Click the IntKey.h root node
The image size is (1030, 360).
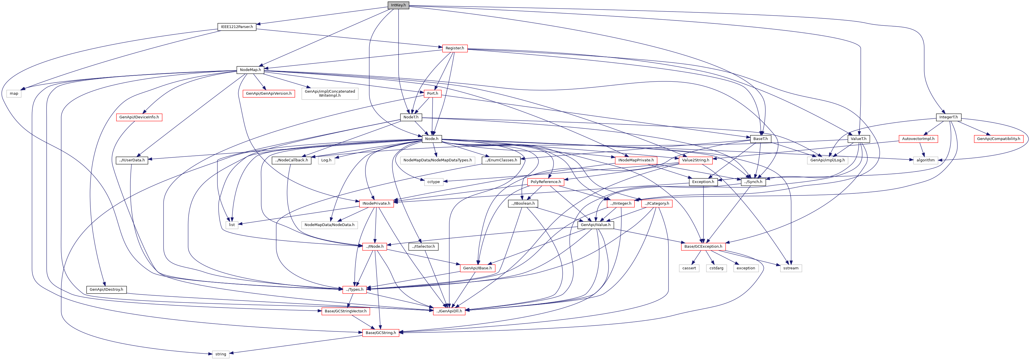click(398, 5)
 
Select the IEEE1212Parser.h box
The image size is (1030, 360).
click(237, 27)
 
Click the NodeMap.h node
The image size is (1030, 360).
click(250, 70)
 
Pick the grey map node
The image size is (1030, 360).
click(14, 94)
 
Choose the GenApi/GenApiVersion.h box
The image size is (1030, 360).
click(269, 94)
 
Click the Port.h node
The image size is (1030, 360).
click(432, 94)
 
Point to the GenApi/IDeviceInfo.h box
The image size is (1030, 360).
click(139, 117)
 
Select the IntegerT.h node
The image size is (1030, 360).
click(948, 117)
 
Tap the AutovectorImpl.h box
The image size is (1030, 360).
click(918, 139)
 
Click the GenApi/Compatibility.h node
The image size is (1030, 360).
click(998, 139)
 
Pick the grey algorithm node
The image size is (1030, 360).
click(926, 160)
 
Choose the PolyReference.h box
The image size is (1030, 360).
click(546, 182)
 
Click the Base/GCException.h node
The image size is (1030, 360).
click(703, 247)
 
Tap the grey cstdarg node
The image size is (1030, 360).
click(716, 268)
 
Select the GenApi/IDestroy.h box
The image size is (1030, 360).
click(106, 290)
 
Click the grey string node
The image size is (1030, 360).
click(221, 354)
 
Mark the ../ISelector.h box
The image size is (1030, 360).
click(423, 247)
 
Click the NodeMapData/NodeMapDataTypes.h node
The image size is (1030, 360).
click(438, 160)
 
